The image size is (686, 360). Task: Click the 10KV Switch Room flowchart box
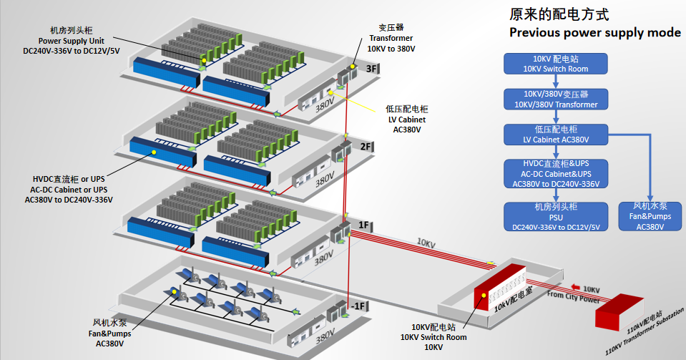(x=556, y=64)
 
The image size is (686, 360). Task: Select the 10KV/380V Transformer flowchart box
(x=556, y=99)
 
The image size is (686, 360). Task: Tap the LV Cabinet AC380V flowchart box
(x=556, y=135)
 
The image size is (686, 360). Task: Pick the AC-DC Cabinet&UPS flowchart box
(x=556, y=174)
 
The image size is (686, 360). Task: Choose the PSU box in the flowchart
(x=556, y=217)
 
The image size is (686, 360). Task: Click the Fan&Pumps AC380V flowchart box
(x=650, y=217)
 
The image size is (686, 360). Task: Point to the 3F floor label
(x=372, y=69)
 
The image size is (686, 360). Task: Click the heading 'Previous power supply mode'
(x=594, y=33)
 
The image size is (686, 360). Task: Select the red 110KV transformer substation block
(x=622, y=311)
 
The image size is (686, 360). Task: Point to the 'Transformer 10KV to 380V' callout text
(x=391, y=39)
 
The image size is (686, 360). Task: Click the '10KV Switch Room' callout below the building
(x=433, y=337)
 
